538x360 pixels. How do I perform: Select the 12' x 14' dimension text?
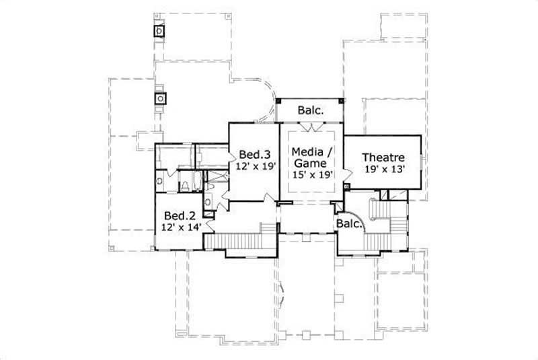point(180,228)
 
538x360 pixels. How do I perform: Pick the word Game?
point(310,163)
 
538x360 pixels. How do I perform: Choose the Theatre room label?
point(382,157)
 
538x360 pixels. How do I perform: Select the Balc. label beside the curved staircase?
point(350,223)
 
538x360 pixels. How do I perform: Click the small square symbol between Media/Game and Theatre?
point(346,185)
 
